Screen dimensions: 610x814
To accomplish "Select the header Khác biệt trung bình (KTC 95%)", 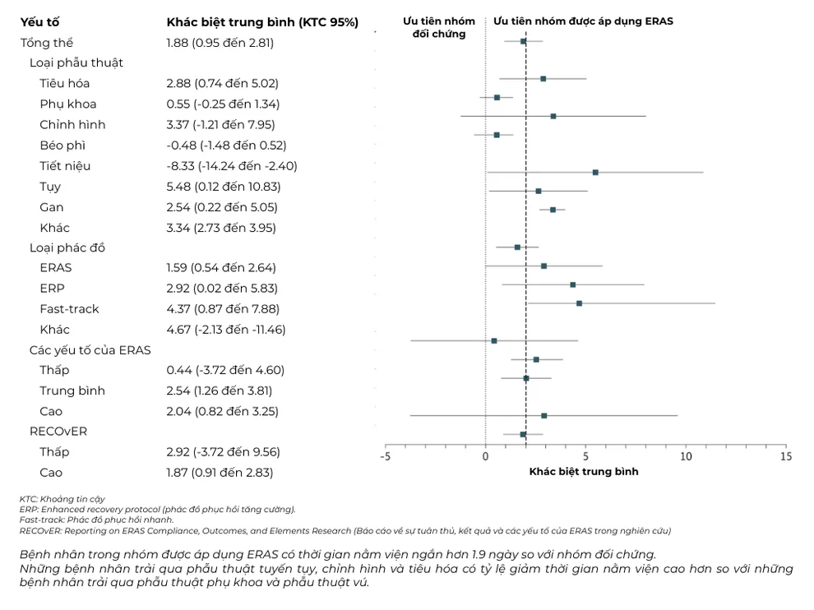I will [x=262, y=22].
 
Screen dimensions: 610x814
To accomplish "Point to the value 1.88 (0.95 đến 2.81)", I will [x=220, y=43].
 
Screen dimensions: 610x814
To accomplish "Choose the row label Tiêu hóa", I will [x=64, y=83].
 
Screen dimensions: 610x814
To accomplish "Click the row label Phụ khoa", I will [x=67, y=104].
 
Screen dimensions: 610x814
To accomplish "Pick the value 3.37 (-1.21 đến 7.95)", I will [x=220, y=125].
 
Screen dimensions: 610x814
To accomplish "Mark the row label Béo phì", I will [x=62, y=146].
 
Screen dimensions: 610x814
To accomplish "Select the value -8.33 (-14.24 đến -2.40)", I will [x=232, y=166].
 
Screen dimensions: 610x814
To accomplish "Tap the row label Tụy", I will [x=50, y=187].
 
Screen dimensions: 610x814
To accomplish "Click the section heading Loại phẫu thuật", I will [x=76, y=62].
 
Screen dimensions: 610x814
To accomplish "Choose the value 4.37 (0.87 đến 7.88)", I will [x=222, y=309].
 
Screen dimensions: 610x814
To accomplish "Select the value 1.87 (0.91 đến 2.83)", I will [x=220, y=473].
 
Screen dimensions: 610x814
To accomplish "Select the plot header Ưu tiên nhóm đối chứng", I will [x=438, y=27].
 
